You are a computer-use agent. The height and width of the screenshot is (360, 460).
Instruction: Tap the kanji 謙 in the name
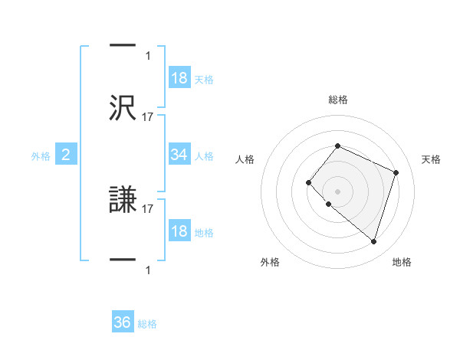pos(123,201)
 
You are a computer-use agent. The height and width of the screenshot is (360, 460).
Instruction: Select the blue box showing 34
pos(179,155)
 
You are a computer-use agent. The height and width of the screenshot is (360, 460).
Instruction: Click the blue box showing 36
pos(123,322)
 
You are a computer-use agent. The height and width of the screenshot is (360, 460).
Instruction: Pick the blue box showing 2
pos(66,155)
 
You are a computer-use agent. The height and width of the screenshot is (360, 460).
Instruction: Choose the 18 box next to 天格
pos(179,78)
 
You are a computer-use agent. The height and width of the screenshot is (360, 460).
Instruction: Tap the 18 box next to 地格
pos(179,232)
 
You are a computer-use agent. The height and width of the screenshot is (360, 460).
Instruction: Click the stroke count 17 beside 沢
pos(148,116)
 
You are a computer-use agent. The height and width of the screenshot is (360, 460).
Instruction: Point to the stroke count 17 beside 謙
pos(148,208)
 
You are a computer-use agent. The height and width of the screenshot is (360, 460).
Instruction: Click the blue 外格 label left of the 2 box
pos(41,156)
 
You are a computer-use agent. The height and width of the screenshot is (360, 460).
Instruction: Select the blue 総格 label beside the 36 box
pos(147,324)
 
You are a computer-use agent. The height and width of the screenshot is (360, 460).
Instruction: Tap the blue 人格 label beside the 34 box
pos(204,156)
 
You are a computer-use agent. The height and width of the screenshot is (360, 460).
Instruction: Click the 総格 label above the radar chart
pos(337,100)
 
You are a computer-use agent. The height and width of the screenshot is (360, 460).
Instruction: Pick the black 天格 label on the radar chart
pos(432,159)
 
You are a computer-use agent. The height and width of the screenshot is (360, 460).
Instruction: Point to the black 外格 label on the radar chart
pos(270,262)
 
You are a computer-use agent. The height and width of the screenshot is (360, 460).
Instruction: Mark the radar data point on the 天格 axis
pos(396,172)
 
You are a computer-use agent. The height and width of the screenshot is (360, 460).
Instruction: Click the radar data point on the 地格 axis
pos(373,242)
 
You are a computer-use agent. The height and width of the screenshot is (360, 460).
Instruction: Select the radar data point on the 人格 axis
pos(308,182)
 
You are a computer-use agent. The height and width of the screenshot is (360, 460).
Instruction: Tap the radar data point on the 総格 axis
pos(337,146)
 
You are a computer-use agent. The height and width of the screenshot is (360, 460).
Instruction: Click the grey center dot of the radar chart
pos(337,191)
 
